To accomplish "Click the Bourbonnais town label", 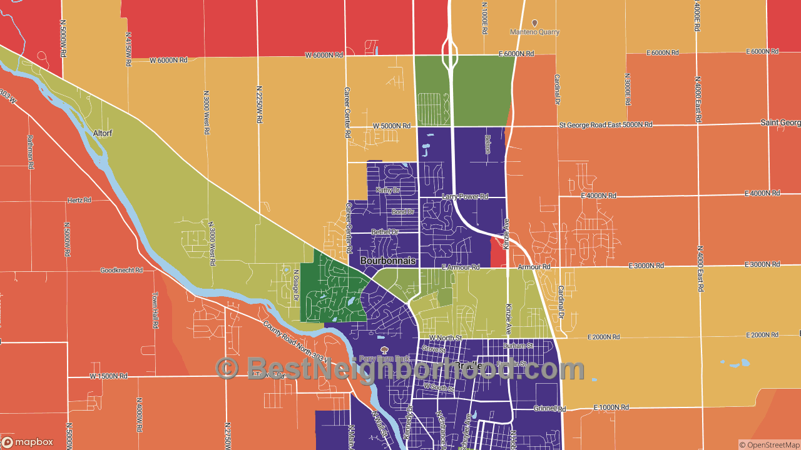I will (388, 260).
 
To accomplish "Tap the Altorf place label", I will (102, 133).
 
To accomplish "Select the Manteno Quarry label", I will (534, 32).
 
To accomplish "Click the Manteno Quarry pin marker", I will (534, 22).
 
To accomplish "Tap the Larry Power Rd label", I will (464, 196).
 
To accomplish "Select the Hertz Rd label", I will (79, 201).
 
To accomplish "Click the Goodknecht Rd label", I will (121, 271).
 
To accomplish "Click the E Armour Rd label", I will (460, 267).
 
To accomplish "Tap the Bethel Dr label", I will (385, 232).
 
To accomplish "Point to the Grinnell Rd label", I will (551, 409).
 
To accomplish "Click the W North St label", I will (446, 338).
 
